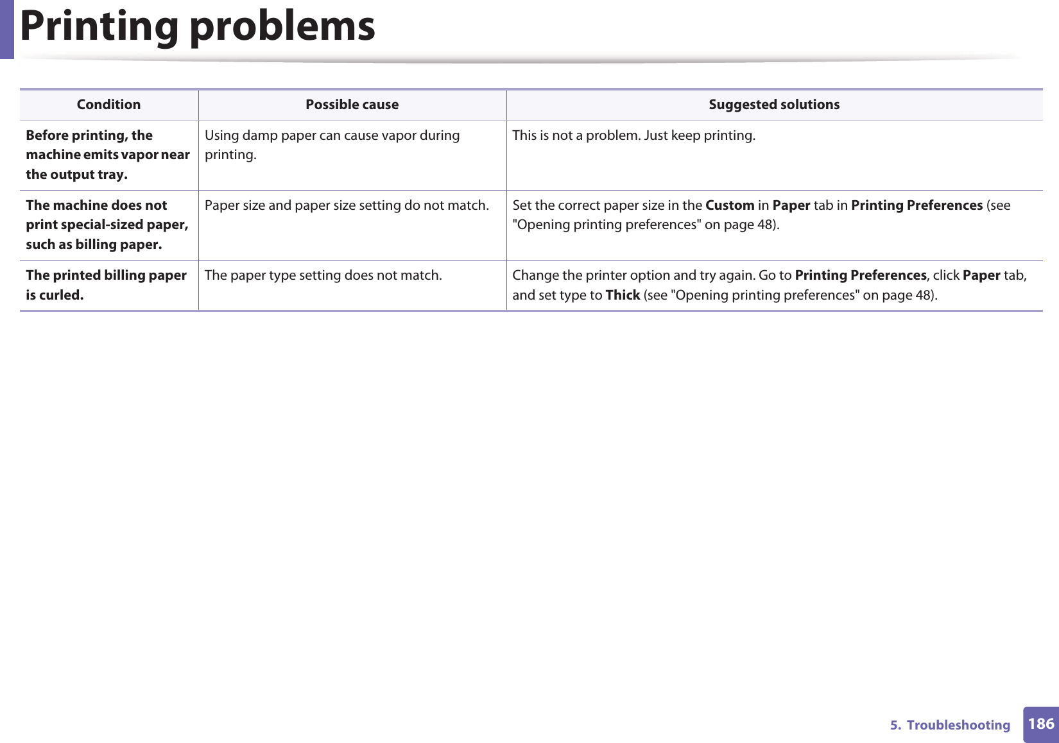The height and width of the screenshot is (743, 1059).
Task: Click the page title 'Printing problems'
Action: pos(197,27)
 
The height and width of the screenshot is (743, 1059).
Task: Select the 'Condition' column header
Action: pos(108,105)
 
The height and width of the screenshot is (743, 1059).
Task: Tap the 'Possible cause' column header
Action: pos(352,105)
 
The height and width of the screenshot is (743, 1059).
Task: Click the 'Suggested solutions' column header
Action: pos(774,105)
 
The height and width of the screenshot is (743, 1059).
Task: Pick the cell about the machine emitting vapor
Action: pos(108,155)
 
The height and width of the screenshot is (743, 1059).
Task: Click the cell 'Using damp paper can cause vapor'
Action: pos(332,145)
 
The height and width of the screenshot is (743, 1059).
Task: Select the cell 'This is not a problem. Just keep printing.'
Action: pos(633,135)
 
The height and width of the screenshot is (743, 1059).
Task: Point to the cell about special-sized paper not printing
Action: pos(107,225)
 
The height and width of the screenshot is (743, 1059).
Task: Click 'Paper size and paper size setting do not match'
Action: pos(347,205)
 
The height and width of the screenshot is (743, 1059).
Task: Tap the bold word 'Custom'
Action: pos(730,205)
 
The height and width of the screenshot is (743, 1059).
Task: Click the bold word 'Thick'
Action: pos(623,295)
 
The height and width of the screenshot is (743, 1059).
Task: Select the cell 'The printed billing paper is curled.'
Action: pos(106,285)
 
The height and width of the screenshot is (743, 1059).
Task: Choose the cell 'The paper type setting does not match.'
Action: pos(323,275)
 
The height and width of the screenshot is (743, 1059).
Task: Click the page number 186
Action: pos(1040,724)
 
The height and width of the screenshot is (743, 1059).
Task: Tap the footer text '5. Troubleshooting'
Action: pos(950,725)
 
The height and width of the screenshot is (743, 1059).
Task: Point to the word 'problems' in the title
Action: pos(282,27)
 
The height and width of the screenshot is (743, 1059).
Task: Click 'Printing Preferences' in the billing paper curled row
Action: pos(860,275)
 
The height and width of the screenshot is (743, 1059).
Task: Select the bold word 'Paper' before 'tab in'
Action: pos(791,205)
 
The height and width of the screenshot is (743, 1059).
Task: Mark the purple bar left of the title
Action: pos(6,29)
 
